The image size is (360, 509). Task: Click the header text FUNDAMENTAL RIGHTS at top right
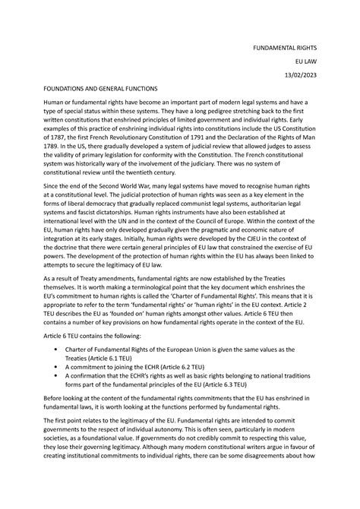291,45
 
